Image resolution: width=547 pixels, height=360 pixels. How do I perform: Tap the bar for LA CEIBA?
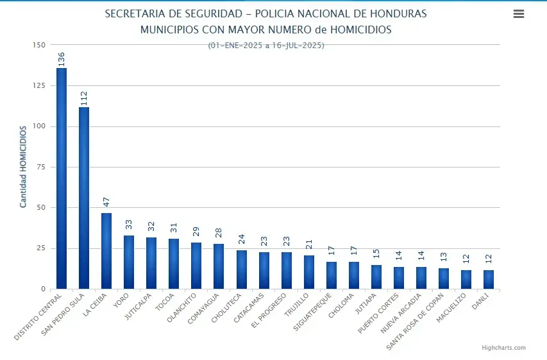point(106,251)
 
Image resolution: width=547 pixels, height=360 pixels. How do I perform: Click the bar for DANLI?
point(489,279)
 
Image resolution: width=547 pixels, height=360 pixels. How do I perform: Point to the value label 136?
point(62,59)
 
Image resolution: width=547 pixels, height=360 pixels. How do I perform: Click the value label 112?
point(84,98)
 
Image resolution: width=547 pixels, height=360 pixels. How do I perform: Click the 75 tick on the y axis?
point(41,167)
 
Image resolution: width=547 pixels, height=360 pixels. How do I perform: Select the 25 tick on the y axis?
point(41,248)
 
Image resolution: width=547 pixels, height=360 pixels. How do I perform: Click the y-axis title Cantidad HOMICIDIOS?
point(23,167)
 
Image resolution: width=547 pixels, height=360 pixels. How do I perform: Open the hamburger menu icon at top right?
point(519,14)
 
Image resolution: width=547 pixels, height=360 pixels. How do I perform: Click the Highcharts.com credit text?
point(503,348)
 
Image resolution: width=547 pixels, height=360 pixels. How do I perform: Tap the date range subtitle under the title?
point(266,46)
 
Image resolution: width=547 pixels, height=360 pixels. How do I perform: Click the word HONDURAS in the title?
point(398,14)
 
